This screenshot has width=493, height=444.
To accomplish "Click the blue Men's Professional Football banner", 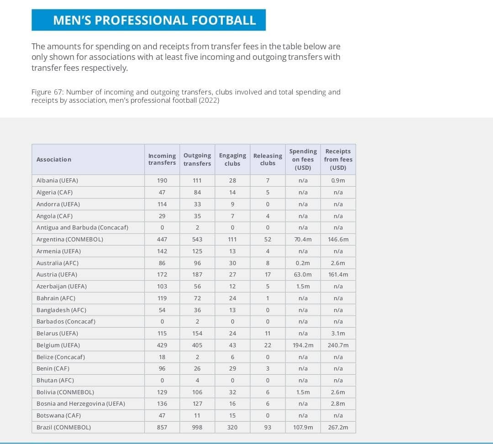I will click(x=148, y=20).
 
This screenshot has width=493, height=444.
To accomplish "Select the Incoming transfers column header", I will click(x=162, y=159).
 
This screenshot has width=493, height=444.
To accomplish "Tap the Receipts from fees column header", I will click(x=338, y=159).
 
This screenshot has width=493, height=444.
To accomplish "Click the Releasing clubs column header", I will click(x=267, y=159).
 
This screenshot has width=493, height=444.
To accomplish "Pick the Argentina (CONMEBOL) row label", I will click(x=70, y=239).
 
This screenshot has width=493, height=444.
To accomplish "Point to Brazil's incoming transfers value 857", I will click(x=162, y=428).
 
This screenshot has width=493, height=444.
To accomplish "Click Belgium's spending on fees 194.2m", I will click(x=303, y=345).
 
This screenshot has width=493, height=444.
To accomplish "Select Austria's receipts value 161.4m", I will click(x=338, y=275).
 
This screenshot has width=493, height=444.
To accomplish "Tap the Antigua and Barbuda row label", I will click(x=82, y=227).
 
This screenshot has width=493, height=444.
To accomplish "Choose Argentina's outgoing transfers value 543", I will click(x=197, y=239).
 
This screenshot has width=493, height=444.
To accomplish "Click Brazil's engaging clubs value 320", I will click(x=232, y=428).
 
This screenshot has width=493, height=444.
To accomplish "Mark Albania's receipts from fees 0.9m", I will click(x=338, y=180).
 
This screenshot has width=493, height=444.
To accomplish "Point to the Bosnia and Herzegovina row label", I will click(x=81, y=404).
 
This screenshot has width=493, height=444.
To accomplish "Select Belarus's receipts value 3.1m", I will click(x=338, y=333).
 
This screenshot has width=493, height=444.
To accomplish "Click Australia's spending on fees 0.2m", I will click(x=303, y=263).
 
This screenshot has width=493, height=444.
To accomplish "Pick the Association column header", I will click(x=54, y=159).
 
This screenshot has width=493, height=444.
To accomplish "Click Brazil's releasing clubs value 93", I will click(x=267, y=428).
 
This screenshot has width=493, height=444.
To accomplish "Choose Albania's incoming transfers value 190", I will click(x=162, y=180).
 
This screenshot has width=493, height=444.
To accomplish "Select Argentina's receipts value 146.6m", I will click(x=338, y=239).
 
